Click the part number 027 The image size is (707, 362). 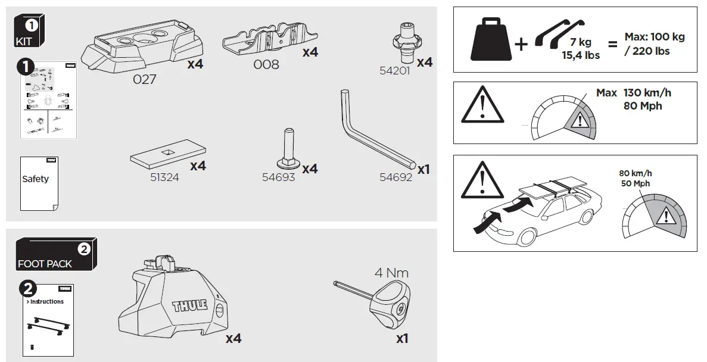[144, 79]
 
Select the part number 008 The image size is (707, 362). [266, 64]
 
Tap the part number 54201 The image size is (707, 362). [395, 70]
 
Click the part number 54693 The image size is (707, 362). [278, 177]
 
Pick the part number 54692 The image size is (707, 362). [395, 177]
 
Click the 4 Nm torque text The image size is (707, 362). [391, 273]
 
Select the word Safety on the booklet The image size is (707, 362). [36, 179]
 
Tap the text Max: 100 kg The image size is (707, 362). [655, 37]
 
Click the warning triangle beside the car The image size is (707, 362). [479, 180]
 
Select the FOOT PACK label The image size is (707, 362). [45, 263]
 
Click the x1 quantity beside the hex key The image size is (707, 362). [423, 170]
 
